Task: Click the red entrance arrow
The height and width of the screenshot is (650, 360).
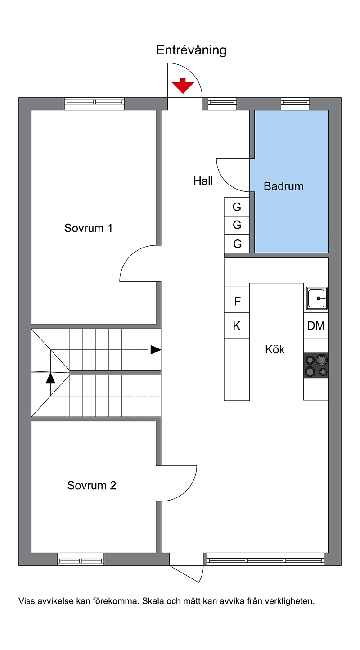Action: coord(183,86)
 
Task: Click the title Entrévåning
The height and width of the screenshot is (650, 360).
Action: coord(191,50)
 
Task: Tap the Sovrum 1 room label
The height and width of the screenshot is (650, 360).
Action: coord(88,228)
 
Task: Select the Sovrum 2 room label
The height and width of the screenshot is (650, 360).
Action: coord(92,485)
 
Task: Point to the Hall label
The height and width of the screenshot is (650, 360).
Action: coord(203,181)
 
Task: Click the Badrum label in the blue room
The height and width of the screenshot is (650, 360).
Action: coord(283,186)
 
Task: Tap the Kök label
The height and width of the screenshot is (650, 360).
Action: coord(274,349)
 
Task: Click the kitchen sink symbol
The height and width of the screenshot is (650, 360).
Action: coord(317,298)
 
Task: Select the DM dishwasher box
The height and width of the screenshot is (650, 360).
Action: coord(316,325)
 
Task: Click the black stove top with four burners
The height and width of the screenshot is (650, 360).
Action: coord(316,366)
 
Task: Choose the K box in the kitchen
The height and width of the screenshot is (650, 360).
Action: coord(237,325)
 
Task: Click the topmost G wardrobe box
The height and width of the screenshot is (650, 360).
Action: coord(237,207)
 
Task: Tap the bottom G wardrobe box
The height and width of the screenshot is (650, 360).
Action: coord(237,244)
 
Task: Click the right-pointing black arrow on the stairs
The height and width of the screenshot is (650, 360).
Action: coord(156,350)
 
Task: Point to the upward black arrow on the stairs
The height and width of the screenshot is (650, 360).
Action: coord(50,378)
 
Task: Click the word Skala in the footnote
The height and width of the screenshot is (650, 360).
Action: coord(153,601)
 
